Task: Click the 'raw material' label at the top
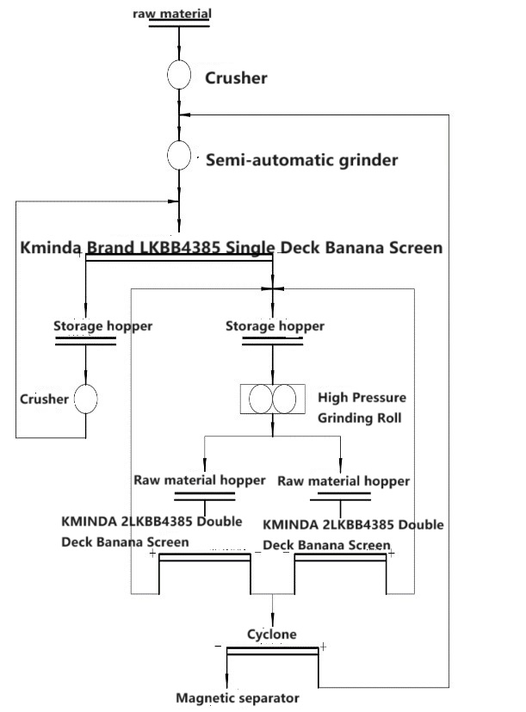pos(179,13)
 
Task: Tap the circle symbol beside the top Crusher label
pos(178,75)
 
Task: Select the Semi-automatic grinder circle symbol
pos(178,156)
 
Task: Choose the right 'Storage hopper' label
pos(275,326)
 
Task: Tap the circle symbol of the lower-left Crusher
pos(85,399)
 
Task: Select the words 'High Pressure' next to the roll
pos(350,398)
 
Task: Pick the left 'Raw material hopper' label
pos(199,480)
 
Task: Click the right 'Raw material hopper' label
pos(344,480)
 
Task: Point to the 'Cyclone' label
pos(272,635)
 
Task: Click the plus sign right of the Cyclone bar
pos(323,646)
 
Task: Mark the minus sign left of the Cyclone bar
pos(219,646)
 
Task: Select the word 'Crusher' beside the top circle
pos(236,78)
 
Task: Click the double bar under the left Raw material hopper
pos(204,496)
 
